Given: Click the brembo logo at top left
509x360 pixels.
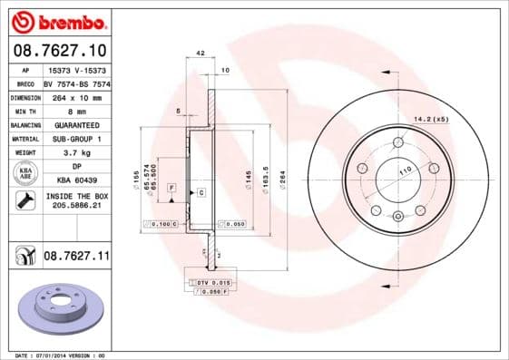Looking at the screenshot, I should pyautogui.click(x=57, y=20).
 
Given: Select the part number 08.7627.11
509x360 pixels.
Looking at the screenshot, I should pyautogui.click(x=76, y=258).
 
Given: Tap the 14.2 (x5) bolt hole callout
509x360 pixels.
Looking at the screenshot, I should pyautogui.click(x=431, y=119).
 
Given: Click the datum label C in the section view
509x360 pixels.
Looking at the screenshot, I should pyautogui.click(x=201, y=193).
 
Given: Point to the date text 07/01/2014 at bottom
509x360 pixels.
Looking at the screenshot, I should pyautogui.click(x=70, y=355).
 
